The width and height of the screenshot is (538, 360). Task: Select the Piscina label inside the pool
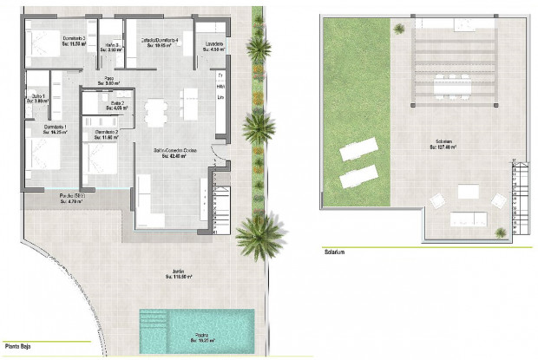coord(200,337)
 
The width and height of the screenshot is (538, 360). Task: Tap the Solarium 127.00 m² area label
coord(443,145)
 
